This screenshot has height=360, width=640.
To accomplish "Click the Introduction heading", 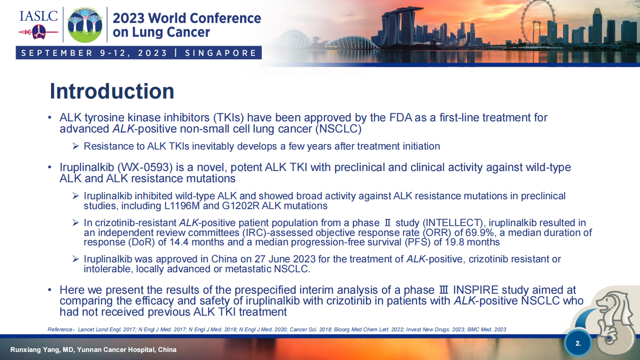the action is click(x=112, y=91).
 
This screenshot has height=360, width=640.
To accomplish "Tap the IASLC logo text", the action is click(x=38, y=16).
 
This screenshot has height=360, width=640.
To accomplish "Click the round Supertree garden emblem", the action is click(x=85, y=25).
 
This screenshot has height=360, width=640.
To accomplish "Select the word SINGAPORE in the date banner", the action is click(x=221, y=53).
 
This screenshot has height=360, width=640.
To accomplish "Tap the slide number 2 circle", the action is click(x=578, y=343).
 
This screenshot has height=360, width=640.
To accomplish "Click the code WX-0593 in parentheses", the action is click(x=145, y=167).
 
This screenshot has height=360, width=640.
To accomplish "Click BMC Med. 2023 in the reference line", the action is click(x=486, y=330).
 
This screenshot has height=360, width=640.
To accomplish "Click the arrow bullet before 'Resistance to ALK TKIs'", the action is click(x=76, y=146).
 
